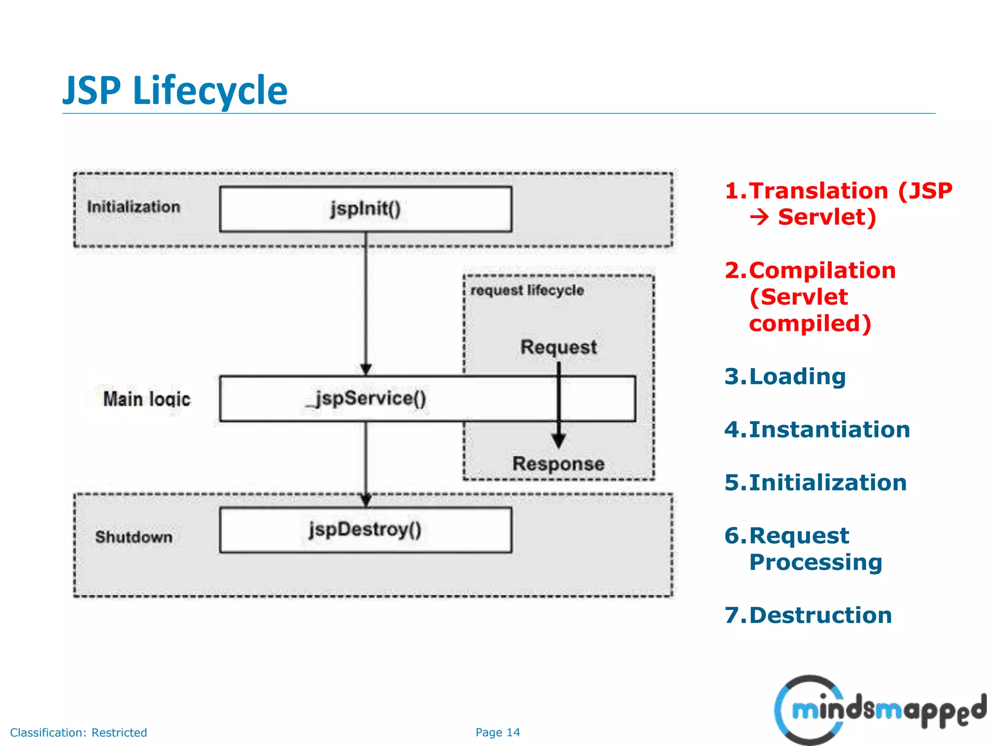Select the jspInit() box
tap(365, 209)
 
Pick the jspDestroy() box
tap(365, 530)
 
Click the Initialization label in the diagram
tap(134, 207)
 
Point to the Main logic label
tap(146, 399)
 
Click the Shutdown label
tap(134, 537)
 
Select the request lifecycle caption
tap(527, 290)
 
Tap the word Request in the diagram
tap(558, 347)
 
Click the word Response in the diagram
tap(558, 464)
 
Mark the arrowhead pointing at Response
tap(559, 441)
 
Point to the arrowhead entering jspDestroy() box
tap(366, 500)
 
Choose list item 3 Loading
tap(785, 376)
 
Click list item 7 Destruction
tap(808, 615)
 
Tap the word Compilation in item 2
tap(822, 270)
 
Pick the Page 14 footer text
tap(497, 732)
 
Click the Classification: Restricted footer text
tap(78, 732)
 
